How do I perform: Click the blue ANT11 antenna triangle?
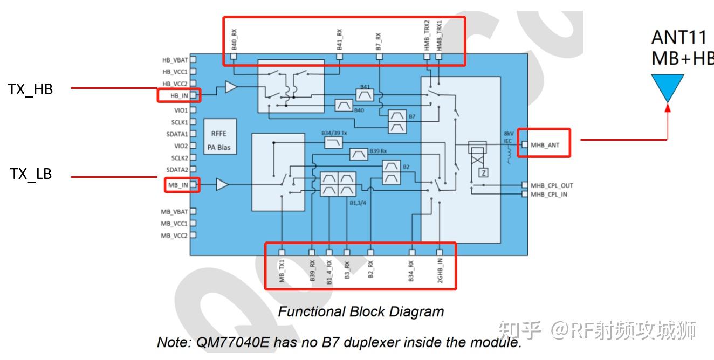[668, 87]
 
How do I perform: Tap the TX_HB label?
[30, 89]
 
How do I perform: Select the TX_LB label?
[31, 174]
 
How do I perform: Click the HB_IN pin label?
[179, 95]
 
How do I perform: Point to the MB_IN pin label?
[178, 185]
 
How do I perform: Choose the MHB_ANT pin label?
[545, 146]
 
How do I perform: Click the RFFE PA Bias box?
[220, 137]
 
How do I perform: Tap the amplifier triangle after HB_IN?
[231, 87]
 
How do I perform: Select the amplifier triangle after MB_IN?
[222, 184]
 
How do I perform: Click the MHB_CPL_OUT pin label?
[552, 186]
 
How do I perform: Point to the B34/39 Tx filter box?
[333, 143]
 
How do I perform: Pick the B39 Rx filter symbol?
[359, 154]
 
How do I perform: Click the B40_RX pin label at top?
[234, 39]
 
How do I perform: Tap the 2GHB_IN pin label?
[440, 271]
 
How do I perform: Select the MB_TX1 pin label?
[282, 271]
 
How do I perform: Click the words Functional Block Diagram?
[361, 311]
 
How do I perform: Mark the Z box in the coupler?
[484, 173]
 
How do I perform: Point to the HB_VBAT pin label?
[175, 60]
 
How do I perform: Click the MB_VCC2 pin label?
[174, 236]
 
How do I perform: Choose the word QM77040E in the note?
[232, 342]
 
